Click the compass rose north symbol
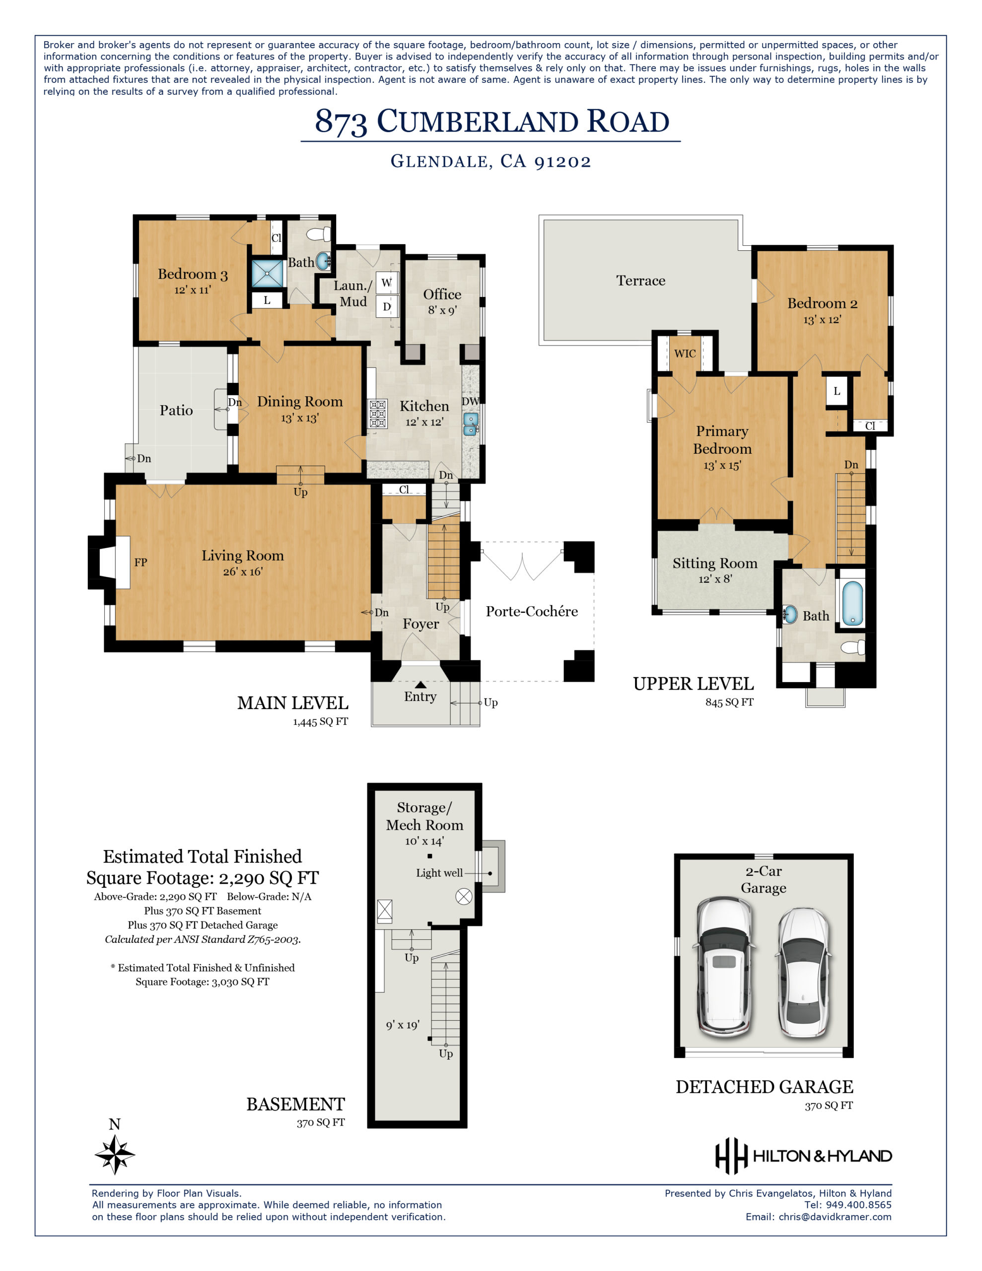tap(115, 1153)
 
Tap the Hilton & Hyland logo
tap(803, 1156)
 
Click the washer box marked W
tap(387, 283)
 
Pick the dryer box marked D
tap(387, 306)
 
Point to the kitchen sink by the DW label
tap(470, 424)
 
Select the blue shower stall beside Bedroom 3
tap(267, 274)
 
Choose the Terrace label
tap(640, 281)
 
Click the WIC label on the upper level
tap(685, 353)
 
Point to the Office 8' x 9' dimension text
tap(442, 310)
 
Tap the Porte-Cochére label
tap(531, 611)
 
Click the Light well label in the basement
tap(439, 872)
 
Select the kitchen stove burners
tap(377, 414)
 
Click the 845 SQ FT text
tap(729, 702)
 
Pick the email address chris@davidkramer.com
tap(835, 1217)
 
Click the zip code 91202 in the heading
tap(562, 162)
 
